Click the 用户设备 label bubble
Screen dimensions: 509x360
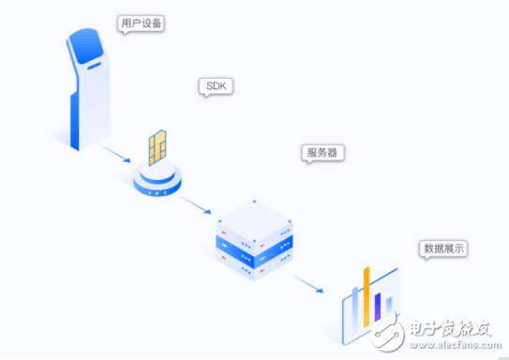141,23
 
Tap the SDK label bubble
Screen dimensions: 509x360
216,86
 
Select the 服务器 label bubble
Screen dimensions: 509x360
322,153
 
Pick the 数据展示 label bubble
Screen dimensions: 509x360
443,249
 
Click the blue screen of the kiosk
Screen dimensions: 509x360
86,45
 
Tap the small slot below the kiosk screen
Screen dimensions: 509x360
94,67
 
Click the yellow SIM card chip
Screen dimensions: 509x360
157,148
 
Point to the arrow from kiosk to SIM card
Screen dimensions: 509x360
114,153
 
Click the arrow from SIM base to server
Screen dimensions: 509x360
195,204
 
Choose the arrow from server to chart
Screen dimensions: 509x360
306,283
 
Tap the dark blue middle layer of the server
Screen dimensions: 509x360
254,250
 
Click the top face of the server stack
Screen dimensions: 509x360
255,221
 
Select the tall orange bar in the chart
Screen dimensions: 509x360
367,297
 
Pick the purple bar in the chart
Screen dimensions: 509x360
378,307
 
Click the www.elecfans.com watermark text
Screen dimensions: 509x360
456,344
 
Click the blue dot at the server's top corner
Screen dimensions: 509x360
255,202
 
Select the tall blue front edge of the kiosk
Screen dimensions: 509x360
75,122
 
